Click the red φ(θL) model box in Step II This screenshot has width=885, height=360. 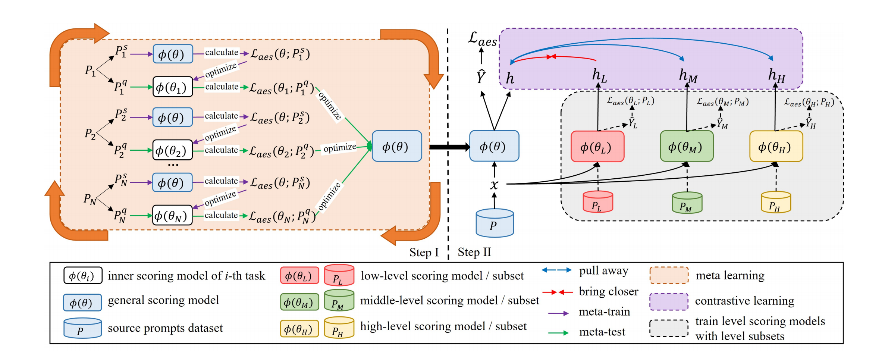click(x=597, y=147)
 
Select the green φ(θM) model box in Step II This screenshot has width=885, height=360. click(x=686, y=146)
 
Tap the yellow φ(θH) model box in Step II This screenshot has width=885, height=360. click(x=776, y=147)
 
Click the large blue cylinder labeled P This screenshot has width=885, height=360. click(x=495, y=223)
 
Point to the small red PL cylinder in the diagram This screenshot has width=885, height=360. click(x=597, y=202)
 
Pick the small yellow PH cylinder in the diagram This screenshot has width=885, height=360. click(x=775, y=203)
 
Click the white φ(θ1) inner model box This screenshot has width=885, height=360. click(x=173, y=87)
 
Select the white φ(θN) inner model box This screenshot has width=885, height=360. click(x=172, y=215)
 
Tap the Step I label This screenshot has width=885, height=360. click(x=424, y=253)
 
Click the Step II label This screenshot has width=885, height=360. click(x=474, y=252)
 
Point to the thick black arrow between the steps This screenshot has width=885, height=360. click(x=449, y=147)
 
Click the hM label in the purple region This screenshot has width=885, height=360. click(x=688, y=76)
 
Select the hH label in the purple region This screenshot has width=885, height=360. click(x=776, y=76)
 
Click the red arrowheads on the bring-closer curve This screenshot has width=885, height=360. click(x=551, y=57)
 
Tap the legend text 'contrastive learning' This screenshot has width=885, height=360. click(x=744, y=301)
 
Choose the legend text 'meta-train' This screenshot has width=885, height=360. click(x=604, y=312)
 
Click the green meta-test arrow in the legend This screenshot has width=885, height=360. click(x=558, y=333)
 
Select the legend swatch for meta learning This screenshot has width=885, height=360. click(x=669, y=275)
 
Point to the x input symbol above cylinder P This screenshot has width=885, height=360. click(x=494, y=184)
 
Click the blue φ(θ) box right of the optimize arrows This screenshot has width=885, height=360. click(x=396, y=146)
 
